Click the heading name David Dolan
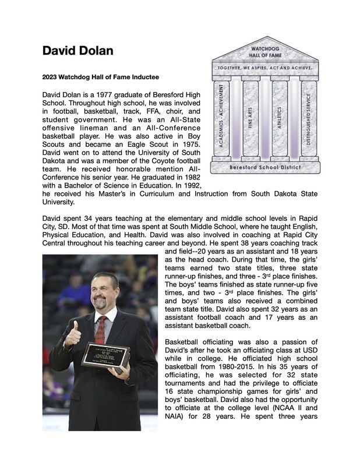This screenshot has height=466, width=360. click(x=77, y=51)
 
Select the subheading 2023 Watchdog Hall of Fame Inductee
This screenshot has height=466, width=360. click(x=100, y=76)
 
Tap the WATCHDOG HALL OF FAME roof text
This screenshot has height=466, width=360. click(x=266, y=52)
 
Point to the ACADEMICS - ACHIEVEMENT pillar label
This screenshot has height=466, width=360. click(x=221, y=115)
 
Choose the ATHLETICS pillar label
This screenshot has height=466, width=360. click(x=279, y=115)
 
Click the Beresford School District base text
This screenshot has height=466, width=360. click(x=266, y=168)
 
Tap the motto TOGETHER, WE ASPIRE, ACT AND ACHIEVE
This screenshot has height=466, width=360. click(x=266, y=68)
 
